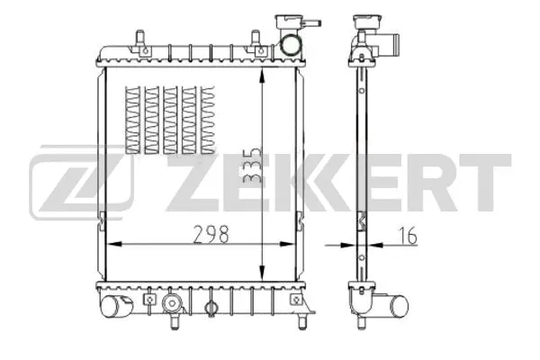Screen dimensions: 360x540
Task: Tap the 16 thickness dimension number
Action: (x=408, y=237)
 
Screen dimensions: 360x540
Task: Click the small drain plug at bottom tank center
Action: (x=211, y=309)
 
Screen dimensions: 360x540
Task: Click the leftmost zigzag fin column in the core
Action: (x=133, y=119)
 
